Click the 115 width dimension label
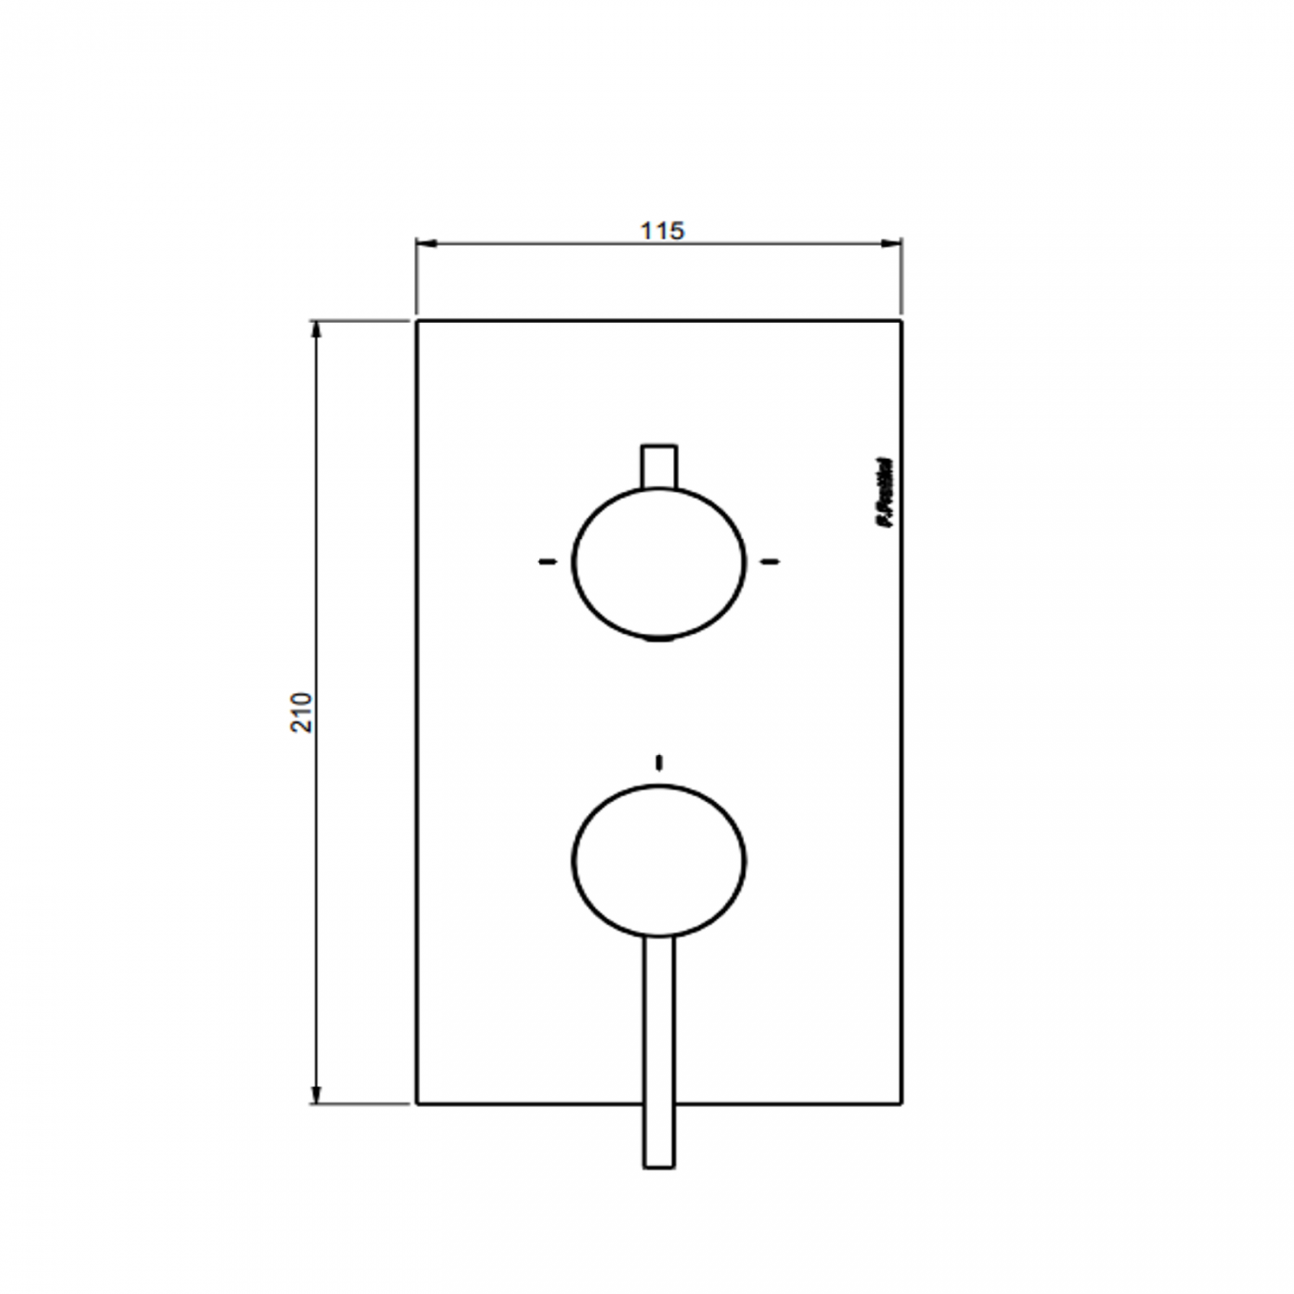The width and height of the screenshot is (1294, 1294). (x=662, y=231)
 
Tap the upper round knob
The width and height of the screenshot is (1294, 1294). (x=658, y=561)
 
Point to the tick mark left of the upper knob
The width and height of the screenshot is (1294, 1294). (x=545, y=562)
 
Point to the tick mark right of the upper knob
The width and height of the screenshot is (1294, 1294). (x=770, y=562)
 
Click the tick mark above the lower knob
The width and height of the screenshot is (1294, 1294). (x=658, y=762)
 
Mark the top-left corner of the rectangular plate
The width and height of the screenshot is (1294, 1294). (x=417, y=321)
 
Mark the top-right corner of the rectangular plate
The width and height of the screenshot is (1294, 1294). (x=901, y=321)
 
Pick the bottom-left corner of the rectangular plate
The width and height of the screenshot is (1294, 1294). (x=417, y=1104)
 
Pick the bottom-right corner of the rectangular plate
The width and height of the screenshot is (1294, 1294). (x=901, y=1104)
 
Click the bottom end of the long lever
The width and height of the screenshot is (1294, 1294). (x=658, y=1165)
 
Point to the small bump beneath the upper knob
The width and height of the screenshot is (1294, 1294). (x=658, y=641)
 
